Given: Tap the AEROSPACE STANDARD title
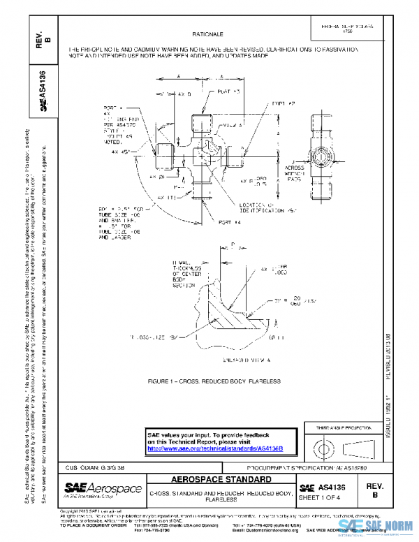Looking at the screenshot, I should (221, 480).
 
